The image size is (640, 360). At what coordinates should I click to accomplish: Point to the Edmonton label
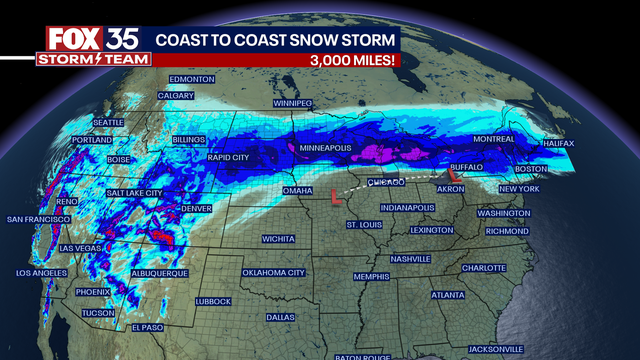[192, 79]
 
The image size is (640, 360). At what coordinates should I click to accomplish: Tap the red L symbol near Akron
[459, 175]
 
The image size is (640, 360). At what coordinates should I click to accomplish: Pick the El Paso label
[147, 327]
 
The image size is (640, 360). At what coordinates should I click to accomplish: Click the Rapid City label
[227, 158]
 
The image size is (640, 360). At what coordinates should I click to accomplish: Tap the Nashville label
[410, 258]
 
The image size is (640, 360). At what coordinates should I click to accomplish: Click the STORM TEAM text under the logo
[94, 59]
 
